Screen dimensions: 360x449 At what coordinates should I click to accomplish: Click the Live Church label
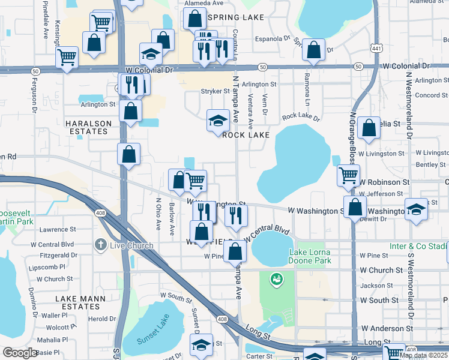[128, 245]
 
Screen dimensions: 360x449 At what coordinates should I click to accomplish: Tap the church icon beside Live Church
[101, 245]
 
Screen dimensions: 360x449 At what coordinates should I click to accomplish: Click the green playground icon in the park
[276, 278]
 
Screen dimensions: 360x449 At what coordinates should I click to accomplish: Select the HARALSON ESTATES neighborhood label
[88, 128]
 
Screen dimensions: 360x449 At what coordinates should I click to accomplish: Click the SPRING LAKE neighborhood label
[235, 17]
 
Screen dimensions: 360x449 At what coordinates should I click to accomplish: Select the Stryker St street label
[215, 92]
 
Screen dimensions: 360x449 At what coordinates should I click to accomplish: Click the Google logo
[20, 353]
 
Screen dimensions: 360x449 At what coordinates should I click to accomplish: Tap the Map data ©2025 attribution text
[424, 355]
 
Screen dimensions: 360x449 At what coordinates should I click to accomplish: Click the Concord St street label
[428, 95]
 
